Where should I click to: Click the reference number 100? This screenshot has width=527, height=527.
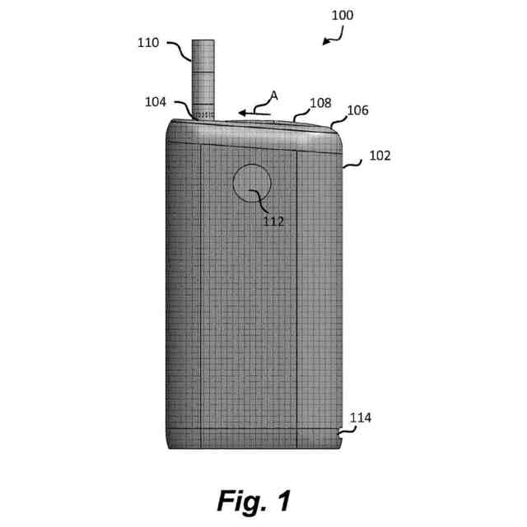(342, 15)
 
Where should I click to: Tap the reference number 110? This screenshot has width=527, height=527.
(149, 42)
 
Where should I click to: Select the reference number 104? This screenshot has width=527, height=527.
(155, 103)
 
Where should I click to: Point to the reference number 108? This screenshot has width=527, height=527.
(319, 103)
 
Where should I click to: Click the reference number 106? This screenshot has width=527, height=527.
(357, 110)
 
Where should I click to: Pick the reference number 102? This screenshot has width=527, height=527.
(379, 155)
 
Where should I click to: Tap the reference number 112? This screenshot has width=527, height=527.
(272, 221)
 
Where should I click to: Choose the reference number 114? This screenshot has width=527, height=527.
(360, 418)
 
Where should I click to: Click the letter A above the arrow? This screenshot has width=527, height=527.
(274, 96)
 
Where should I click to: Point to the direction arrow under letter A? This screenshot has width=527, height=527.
(252, 110)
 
